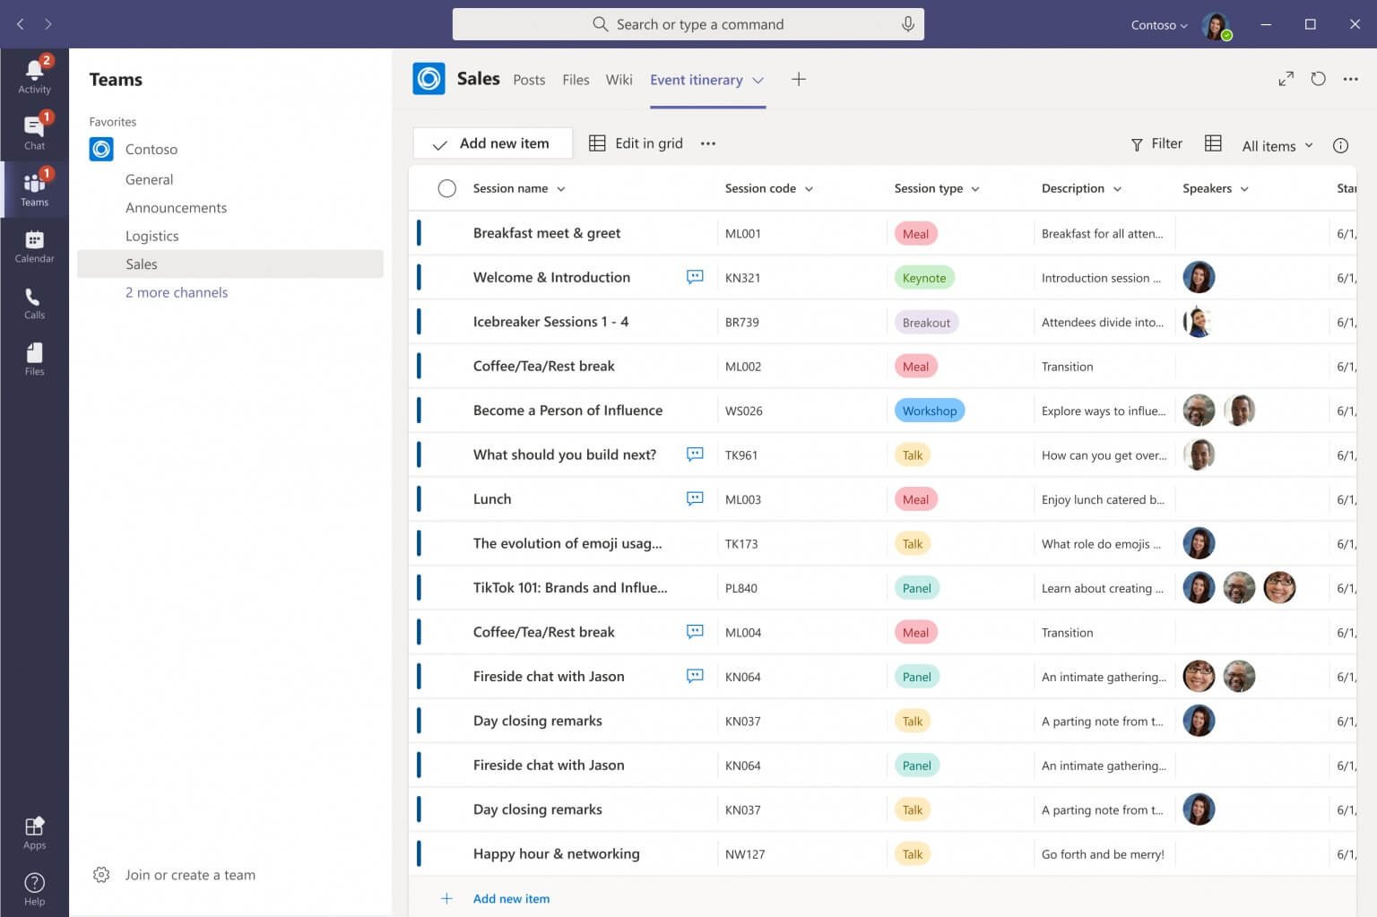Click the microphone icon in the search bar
click(907, 24)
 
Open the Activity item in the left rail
click(34, 75)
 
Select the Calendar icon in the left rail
click(34, 245)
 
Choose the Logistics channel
click(152, 236)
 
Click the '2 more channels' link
click(177, 292)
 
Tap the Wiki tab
click(619, 80)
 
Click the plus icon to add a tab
click(799, 80)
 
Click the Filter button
click(1156, 143)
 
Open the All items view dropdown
click(1277, 145)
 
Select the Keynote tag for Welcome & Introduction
click(923, 278)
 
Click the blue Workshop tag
click(929, 411)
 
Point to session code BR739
click(742, 322)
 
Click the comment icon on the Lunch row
click(695, 498)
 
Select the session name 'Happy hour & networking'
click(556, 853)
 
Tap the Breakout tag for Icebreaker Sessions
click(926, 322)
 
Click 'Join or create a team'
click(190, 875)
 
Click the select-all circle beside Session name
click(446, 188)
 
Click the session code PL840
click(741, 588)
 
